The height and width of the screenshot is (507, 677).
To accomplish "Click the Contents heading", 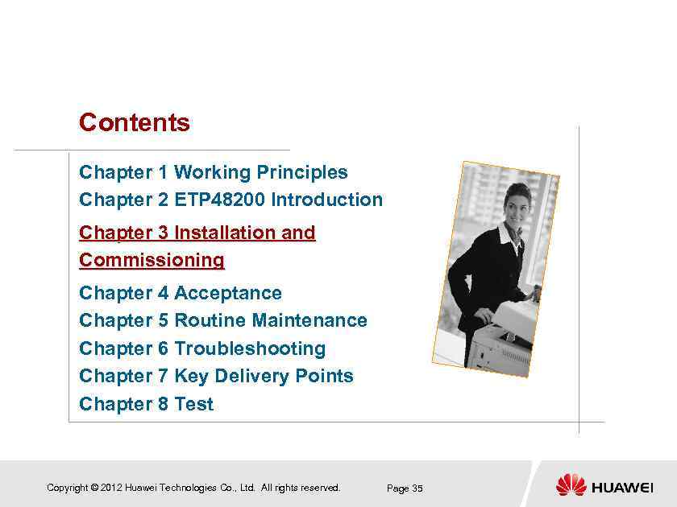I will tap(135, 123).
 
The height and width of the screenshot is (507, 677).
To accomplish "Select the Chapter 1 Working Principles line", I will tap(214, 172).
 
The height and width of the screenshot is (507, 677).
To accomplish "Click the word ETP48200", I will tap(219, 200).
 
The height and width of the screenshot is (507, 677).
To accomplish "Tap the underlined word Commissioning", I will tap(152, 260).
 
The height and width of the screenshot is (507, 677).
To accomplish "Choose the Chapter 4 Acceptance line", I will tap(181, 293).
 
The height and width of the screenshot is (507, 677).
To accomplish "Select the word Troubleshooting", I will tap(250, 348).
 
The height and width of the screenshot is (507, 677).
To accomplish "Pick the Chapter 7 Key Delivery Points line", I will tap(216, 376).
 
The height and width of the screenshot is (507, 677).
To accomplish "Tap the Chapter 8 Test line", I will tap(146, 404).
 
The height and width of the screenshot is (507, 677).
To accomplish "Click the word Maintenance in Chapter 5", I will tap(309, 320).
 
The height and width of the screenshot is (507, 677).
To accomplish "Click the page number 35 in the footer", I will tap(417, 488).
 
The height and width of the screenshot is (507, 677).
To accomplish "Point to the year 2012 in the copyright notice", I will tap(112, 488).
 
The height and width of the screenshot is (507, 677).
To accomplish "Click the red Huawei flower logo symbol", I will tap(571, 485).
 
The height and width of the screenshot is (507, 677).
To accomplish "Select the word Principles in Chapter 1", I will tap(301, 172).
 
